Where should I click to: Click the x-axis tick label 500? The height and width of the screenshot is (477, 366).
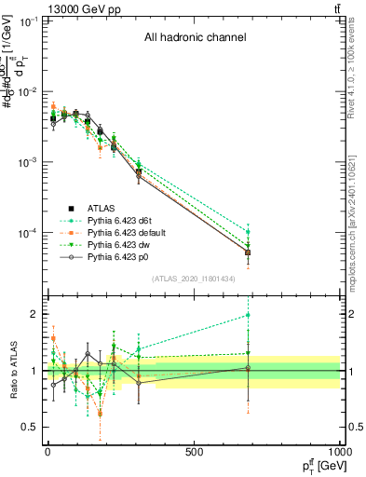tap(194, 453)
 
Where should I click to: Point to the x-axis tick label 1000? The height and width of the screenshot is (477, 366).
tap(337, 453)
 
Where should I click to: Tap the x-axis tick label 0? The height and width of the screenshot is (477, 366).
tap(47, 453)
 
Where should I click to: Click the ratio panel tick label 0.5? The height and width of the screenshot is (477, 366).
tap(29, 428)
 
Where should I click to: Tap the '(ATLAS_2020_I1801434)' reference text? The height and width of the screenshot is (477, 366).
tap(195, 279)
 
